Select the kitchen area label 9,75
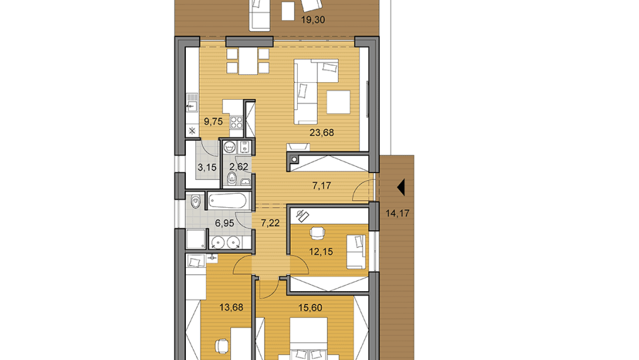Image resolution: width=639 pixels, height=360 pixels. (213, 122)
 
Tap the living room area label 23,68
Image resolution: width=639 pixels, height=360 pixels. (321, 133)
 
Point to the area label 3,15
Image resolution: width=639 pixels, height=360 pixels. (198, 167)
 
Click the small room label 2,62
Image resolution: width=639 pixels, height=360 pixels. (238, 167)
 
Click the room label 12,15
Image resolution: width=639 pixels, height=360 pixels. (321, 252)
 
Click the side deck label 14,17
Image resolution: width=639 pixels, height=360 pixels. (398, 213)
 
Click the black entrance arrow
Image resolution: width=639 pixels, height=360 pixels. (399, 187)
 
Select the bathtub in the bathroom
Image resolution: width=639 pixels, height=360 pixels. (229, 202)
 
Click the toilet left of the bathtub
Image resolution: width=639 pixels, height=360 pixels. (196, 202)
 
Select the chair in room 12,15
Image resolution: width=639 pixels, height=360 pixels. (317, 233)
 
